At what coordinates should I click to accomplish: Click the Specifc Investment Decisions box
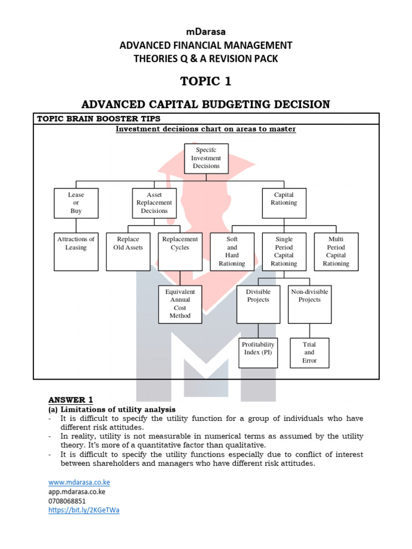[206, 158]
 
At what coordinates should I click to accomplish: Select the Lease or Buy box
[76, 203]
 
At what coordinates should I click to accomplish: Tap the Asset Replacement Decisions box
[154, 203]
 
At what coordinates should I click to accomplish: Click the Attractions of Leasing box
[76, 251]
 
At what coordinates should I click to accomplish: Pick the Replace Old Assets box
[128, 251]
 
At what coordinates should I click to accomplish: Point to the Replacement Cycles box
[180, 251]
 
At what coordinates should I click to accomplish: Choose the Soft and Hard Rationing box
[232, 251]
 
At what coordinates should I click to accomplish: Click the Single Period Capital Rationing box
[284, 251]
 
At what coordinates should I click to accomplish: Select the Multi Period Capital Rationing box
[336, 251]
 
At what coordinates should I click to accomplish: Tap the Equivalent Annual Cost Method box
[180, 304]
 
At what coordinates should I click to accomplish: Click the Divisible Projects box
[258, 304]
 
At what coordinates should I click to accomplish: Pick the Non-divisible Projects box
[310, 304]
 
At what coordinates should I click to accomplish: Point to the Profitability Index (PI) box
[258, 352]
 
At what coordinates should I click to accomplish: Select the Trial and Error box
[310, 352]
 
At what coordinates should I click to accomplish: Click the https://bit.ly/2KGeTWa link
[84, 510]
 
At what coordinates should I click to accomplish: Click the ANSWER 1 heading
[70, 399]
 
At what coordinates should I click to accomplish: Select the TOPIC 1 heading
[205, 81]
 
